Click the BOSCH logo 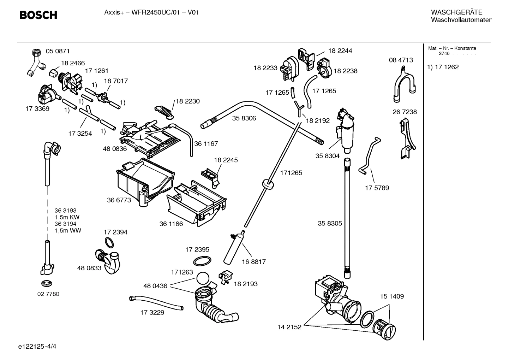38,15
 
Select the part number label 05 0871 58,51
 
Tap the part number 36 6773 119,200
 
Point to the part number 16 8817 254,262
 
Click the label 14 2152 289,327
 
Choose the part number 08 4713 401,60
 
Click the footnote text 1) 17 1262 443,67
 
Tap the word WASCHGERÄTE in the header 456,12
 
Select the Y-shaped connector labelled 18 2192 299,108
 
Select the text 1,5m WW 68,231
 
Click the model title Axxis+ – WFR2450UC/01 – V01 151,12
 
